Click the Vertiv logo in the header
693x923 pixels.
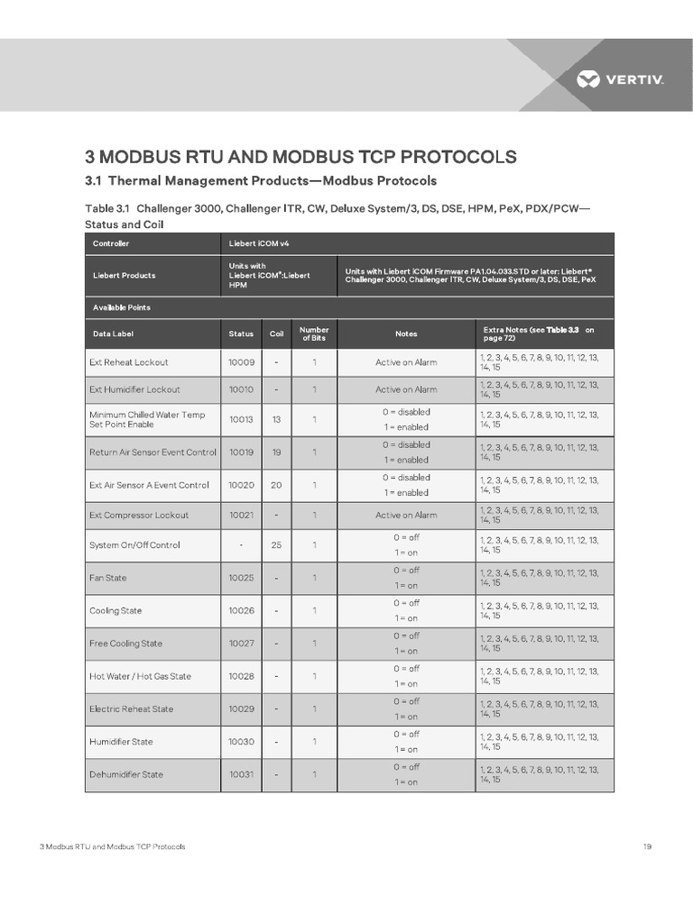click(620, 80)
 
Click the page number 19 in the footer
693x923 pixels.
click(647, 846)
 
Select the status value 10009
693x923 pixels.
click(241, 362)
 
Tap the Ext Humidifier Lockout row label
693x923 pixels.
click(134, 389)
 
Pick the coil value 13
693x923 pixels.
click(276, 419)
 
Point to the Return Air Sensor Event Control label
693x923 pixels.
click(152, 452)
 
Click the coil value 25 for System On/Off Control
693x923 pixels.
click(276, 544)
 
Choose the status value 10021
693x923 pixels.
click(241, 515)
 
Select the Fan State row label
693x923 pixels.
click(107, 578)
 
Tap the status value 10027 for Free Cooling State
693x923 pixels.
click(241, 644)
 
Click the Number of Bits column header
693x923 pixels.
click(314, 334)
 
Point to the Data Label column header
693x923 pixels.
click(113, 334)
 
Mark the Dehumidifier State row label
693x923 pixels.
click(126, 774)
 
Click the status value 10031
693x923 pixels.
click(241, 774)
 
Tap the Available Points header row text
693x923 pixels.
click(122, 307)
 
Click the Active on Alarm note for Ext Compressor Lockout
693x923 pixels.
click(406, 515)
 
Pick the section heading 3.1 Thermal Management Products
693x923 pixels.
click(261, 180)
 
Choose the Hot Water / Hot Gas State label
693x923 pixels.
click(140, 676)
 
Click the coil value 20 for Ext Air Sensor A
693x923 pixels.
click(276, 485)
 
